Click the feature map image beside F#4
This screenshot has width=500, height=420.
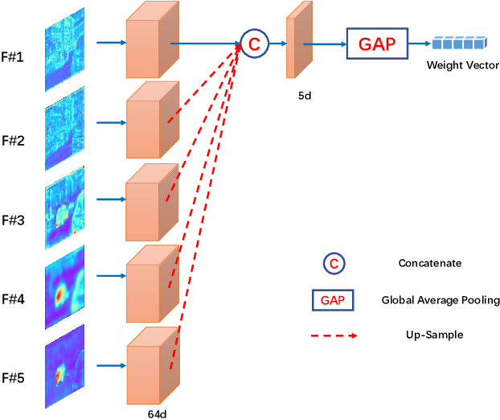64,289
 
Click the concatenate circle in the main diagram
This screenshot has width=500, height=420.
252,44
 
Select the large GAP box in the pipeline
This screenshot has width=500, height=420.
377,44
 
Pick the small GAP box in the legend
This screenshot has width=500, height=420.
334,300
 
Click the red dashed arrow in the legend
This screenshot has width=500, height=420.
334,335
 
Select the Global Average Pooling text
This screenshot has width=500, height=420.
441,300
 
